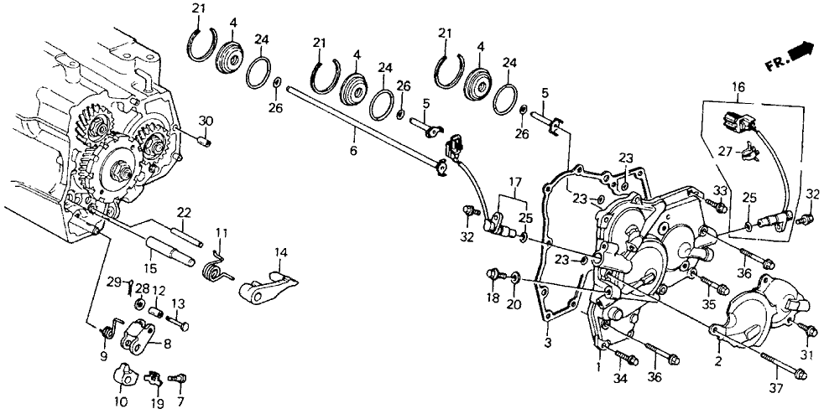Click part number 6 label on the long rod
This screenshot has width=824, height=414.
pos(353,152)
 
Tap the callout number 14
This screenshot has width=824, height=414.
pos(281,251)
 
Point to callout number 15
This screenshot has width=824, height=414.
pos(152,268)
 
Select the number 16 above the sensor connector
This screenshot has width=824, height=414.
pos(738,87)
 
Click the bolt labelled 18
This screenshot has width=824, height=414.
pos(493,276)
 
